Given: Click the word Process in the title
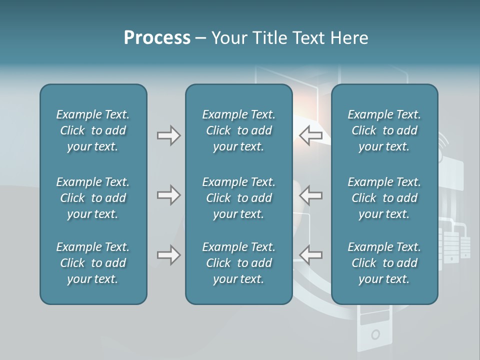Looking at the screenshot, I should coord(157,38).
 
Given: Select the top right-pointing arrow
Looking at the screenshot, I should coord(168,135).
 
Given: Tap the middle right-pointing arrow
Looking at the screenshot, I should coord(168,195).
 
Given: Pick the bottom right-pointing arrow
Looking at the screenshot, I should coord(168,255).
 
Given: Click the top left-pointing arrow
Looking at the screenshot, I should coord(311,135).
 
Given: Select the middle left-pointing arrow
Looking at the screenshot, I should coord(311,195).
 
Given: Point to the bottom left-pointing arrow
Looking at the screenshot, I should coord(311,255).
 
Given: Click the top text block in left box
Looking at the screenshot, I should coord(93,130).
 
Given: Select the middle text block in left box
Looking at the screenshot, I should coord(93,198).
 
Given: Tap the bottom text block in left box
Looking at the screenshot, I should coord(93,263).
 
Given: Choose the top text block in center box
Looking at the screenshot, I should coord(239,130).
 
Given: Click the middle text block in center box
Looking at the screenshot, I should coord(239,198).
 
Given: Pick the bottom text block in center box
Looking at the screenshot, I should coord(239,263).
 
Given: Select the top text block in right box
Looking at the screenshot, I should coord(384,130).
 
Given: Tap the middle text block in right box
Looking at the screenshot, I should coord(384,198).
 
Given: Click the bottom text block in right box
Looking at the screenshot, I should coord(384,263).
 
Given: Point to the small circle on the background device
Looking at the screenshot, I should coord(375,334).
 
